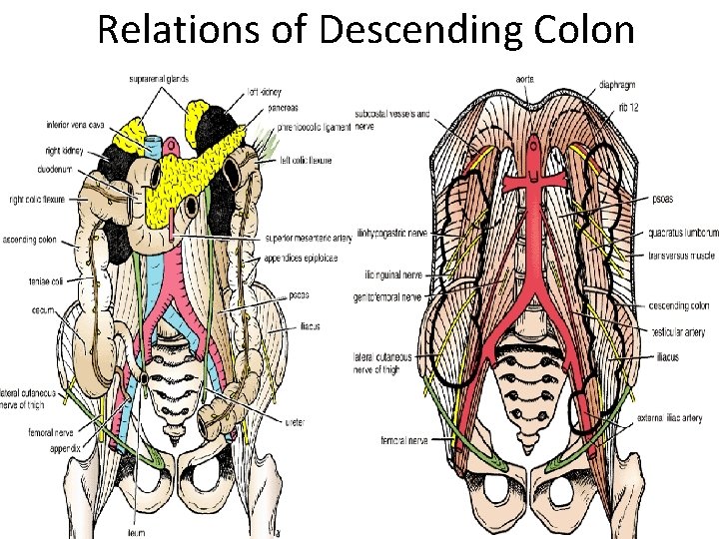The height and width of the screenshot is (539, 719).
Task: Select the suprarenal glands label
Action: click(x=159, y=78)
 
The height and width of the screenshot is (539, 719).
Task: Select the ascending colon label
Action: click(x=30, y=240)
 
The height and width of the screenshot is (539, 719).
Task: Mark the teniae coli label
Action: click(x=45, y=281)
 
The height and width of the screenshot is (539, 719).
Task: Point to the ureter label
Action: click(x=292, y=422)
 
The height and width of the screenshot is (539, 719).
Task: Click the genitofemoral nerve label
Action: click(x=386, y=297)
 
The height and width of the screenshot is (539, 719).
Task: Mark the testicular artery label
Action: click(x=679, y=332)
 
